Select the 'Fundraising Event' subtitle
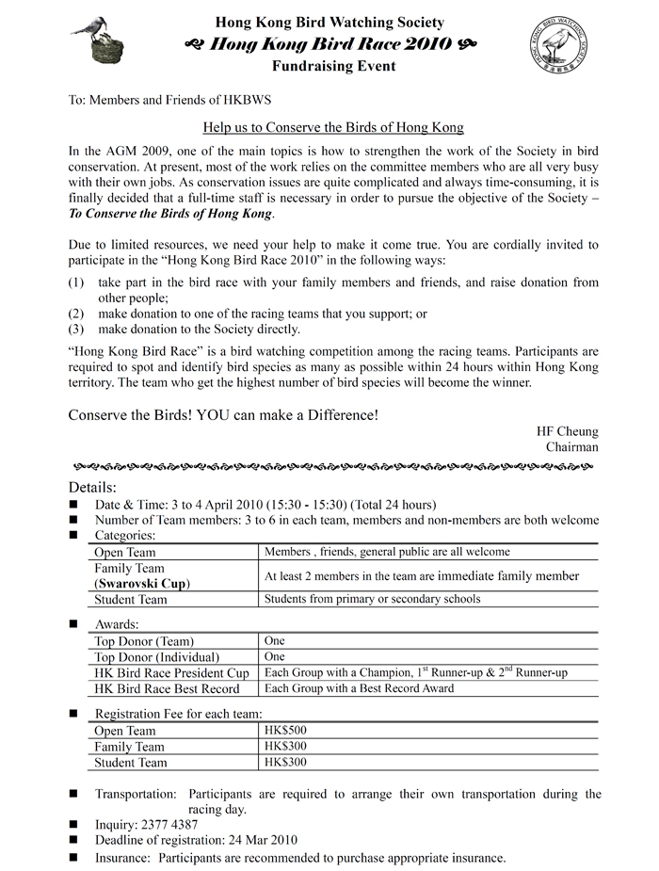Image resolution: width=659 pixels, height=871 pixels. click(333, 67)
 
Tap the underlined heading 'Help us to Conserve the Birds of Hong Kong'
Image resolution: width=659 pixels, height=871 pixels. click(334, 127)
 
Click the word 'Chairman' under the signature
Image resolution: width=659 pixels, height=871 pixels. click(571, 447)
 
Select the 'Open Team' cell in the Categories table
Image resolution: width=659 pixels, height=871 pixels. click(125, 553)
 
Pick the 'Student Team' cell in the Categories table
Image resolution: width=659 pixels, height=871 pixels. click(131, 600)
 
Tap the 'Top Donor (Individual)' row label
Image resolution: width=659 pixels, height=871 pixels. click(157, 656)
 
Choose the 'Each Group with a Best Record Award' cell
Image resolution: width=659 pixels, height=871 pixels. click(359, 688)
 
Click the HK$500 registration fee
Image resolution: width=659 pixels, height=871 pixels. click(285, 730)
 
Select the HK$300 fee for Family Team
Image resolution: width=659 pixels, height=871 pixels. click(285, 746)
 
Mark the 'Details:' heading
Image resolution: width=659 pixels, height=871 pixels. click(93, 487)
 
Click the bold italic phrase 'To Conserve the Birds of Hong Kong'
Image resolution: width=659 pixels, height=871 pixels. click(170, 214)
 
